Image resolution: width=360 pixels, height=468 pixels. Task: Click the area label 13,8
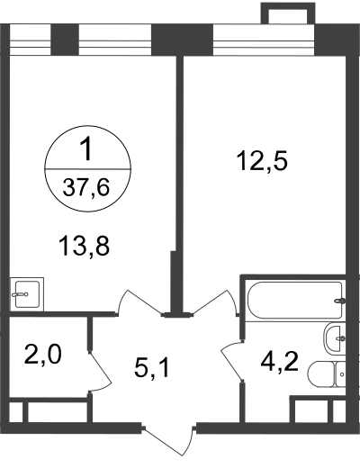85,246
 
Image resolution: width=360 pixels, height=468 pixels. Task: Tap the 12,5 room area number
262,160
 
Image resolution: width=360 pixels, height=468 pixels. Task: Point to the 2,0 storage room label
43,355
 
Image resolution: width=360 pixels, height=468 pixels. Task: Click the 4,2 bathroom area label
279,361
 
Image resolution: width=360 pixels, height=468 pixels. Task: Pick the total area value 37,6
85,187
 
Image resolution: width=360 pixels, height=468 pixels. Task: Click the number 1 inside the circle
86,150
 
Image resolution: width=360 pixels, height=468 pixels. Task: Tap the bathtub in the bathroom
295,300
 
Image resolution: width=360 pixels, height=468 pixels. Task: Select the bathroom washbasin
335,337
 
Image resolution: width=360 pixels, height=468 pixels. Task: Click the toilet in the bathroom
327,373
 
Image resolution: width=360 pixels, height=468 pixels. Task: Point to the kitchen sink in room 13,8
27,294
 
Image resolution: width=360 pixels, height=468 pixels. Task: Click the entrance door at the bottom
169,439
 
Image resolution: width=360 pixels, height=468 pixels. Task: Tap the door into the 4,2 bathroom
232,360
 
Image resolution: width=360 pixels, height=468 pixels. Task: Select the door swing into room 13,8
139,302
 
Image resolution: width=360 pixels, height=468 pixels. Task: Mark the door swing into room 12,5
214,302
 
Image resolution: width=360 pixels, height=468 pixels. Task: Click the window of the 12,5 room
264,40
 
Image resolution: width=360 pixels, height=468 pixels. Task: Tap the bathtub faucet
340,301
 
